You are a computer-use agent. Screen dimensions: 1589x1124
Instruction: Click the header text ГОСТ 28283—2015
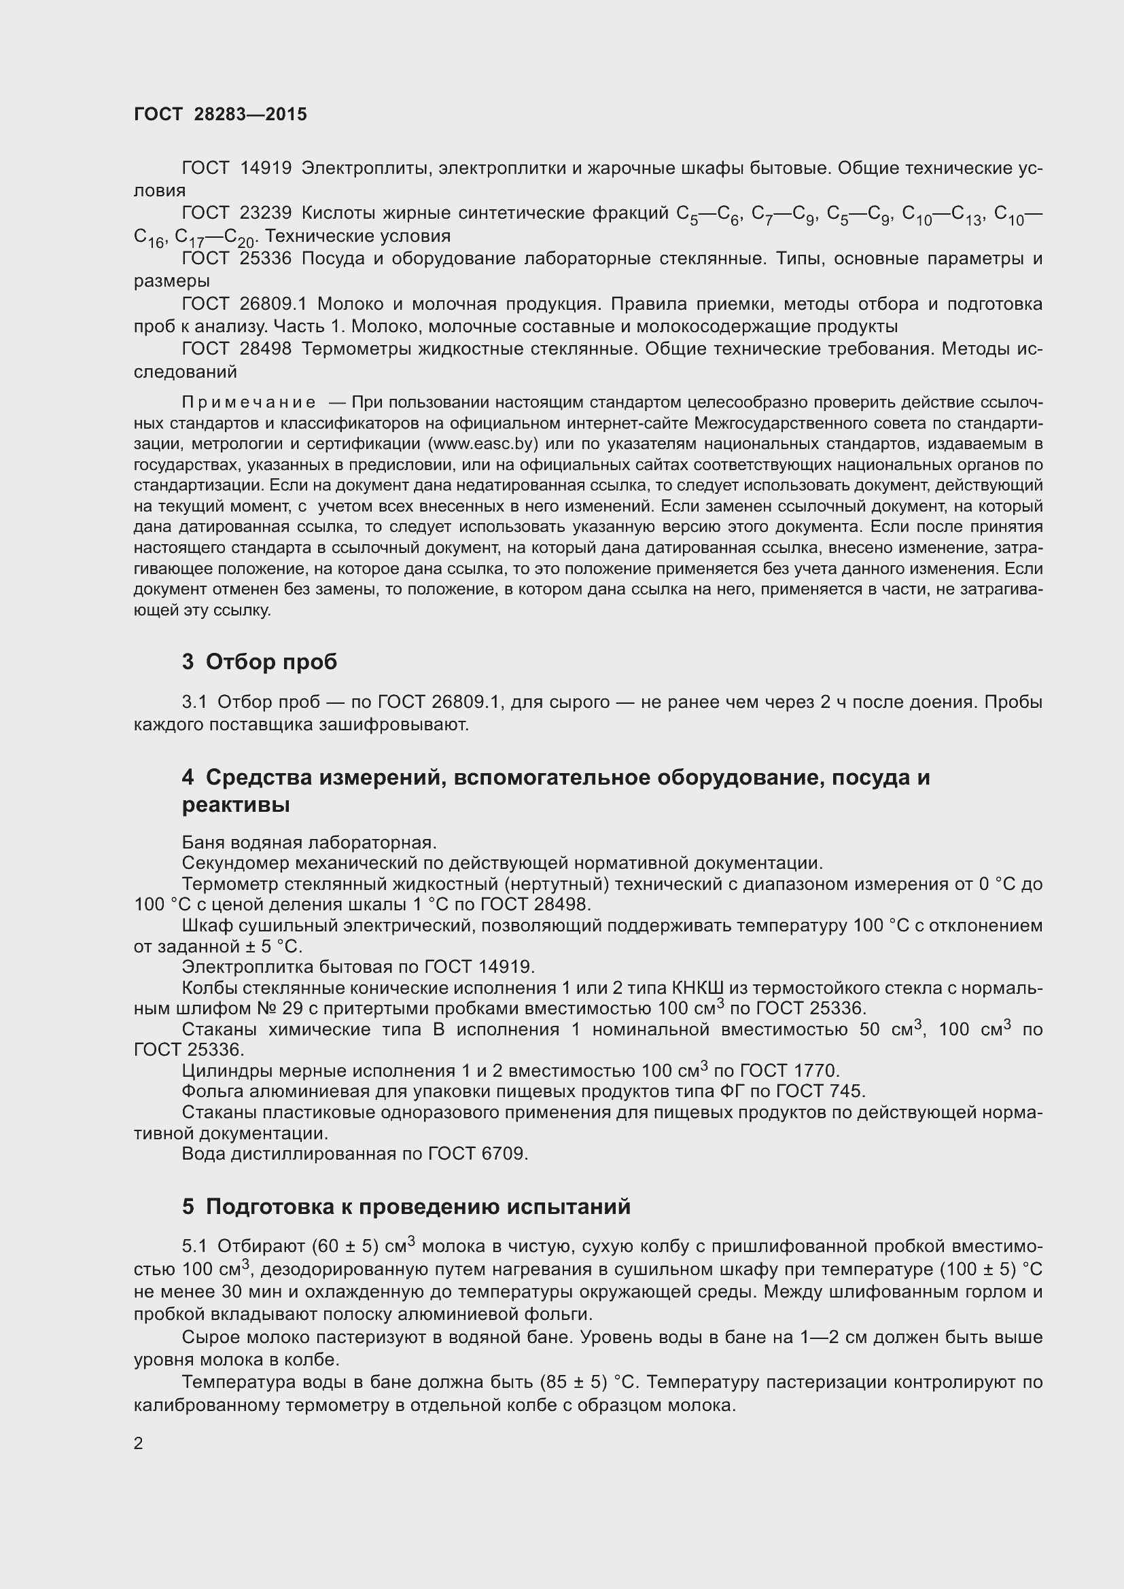point(220,114)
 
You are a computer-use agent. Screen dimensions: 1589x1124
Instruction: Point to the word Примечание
point(249,403)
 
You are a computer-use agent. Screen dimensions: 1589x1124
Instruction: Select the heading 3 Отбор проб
point(260,662)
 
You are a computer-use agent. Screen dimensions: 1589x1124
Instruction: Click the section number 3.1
point(194,702)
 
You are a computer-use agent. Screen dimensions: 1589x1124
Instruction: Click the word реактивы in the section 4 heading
point(235,805)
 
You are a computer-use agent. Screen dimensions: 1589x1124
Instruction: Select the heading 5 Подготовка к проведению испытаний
point(406,1207)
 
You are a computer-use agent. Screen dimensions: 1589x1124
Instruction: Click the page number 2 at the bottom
point(139,1444)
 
